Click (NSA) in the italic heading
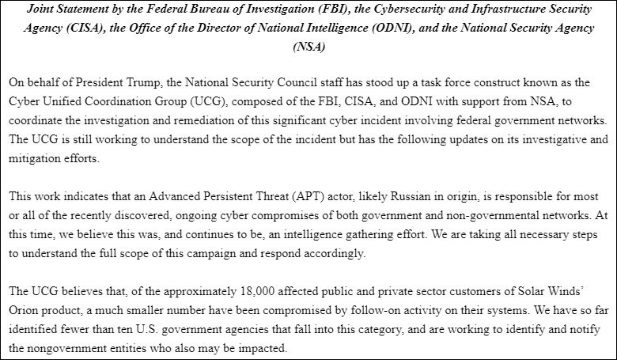coord(308,47)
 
